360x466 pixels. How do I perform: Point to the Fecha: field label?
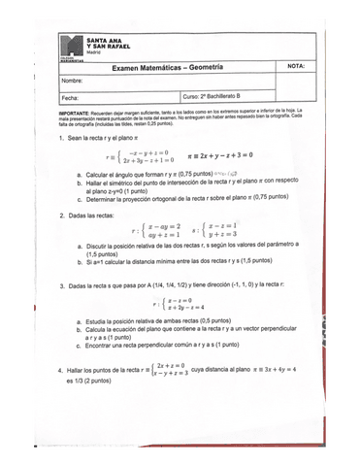point(70,98)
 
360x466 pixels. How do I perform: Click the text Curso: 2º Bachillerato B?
point(218,98)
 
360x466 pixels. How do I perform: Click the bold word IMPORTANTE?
point(81,113)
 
